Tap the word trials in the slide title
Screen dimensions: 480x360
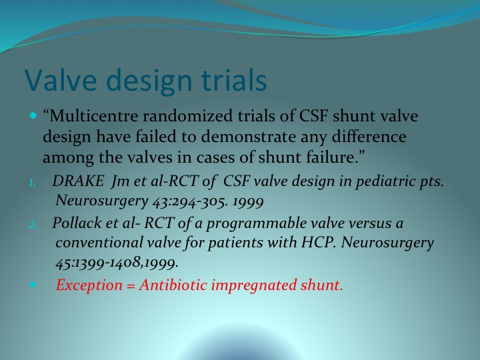(234, 79)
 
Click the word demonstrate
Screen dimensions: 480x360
(248, 137)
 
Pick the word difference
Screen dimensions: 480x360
(369, 137)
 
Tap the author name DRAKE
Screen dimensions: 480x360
(78, 181)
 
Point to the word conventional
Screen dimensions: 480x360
(99, 243)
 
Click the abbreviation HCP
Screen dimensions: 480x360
(319, 243)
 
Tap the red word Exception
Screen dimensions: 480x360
(89, 285)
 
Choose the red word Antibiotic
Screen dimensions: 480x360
(173, 285)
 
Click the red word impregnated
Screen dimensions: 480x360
(254, 286)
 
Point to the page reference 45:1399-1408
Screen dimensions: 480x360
(99, 263)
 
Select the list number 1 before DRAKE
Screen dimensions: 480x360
(33, 183)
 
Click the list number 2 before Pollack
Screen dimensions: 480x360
(33, 225)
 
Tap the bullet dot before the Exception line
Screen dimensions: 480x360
(33, 285)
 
